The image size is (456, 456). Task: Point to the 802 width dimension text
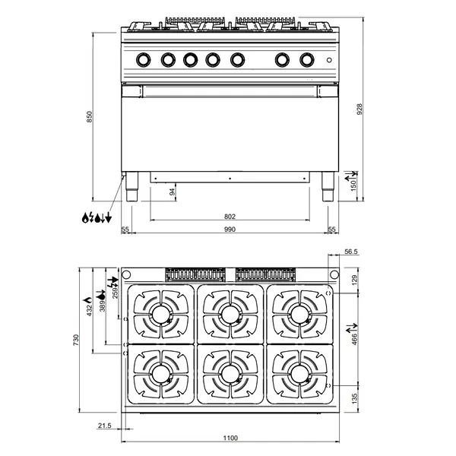[230, 217]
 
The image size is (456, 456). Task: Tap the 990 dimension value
[230, 229]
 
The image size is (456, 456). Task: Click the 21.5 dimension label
[105, 426]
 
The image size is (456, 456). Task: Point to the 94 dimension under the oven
[173, 192]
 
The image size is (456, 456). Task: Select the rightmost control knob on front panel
[307, 59]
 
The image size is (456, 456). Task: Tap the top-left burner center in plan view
[160, 312]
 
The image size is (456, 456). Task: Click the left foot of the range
[132, 187]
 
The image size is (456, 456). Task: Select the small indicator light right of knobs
[328, 59]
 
